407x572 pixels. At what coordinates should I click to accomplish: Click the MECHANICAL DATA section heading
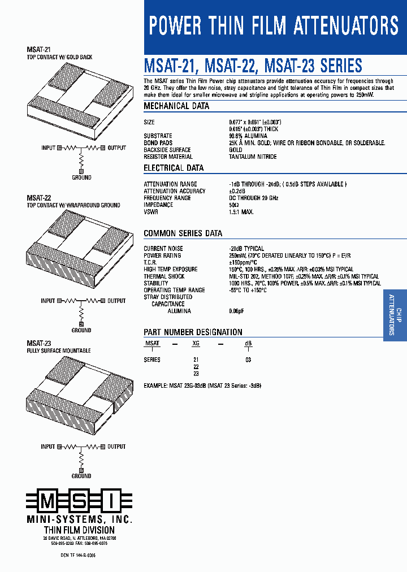[x=176, y=106]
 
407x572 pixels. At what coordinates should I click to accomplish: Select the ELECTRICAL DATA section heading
[x=174, y=168]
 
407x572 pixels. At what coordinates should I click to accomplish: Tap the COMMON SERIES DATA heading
[x=183, y=233]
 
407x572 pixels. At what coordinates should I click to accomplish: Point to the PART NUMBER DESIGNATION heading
[x=193, y=332]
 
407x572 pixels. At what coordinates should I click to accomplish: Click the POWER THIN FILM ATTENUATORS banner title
[x=274, y=26]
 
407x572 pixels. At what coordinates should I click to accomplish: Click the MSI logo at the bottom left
[x=80, y=501]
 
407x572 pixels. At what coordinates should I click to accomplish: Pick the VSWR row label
[x=151, y=212]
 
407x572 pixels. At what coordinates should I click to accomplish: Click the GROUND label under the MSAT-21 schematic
[x=81, y=177]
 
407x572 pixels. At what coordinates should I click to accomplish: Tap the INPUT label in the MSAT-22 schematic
[x=48, y=301]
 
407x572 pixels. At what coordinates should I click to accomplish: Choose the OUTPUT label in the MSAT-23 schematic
[x=116, y=447]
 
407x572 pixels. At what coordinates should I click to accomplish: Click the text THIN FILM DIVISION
[x=79, y=530]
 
